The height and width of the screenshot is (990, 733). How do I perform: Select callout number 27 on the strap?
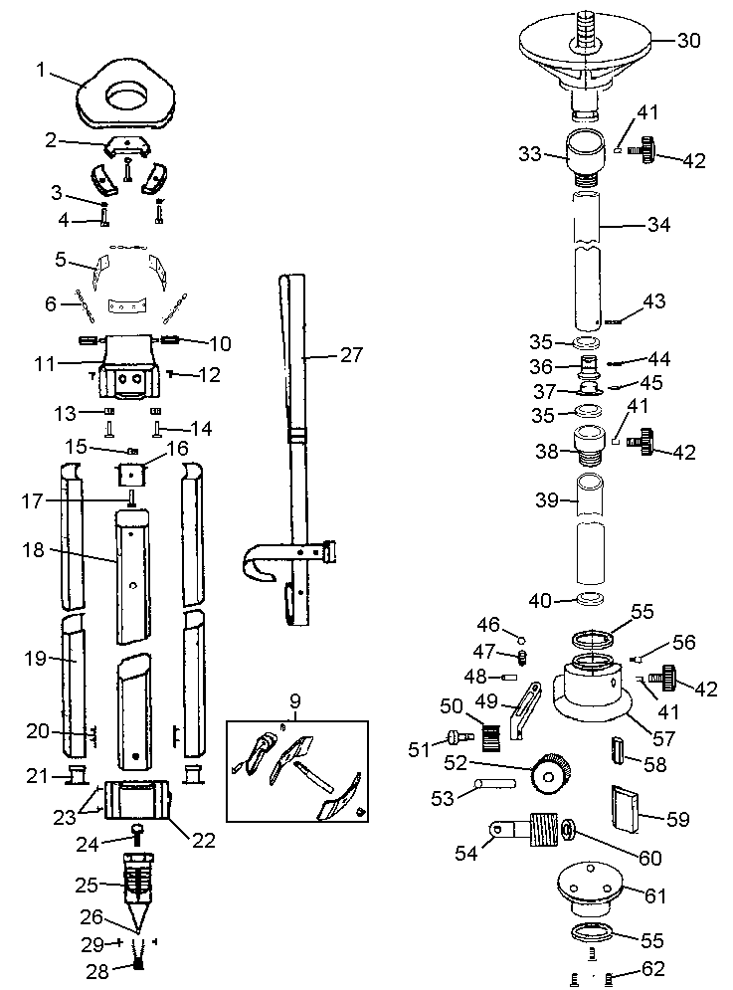click(351, 355)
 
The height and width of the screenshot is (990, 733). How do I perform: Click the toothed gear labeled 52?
click(551, 771)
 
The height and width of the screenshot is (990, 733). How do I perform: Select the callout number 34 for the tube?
click(657, 226)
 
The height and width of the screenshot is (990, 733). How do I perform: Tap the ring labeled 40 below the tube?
click(591, 599)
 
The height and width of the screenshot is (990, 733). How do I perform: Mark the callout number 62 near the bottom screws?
click(651, 967)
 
